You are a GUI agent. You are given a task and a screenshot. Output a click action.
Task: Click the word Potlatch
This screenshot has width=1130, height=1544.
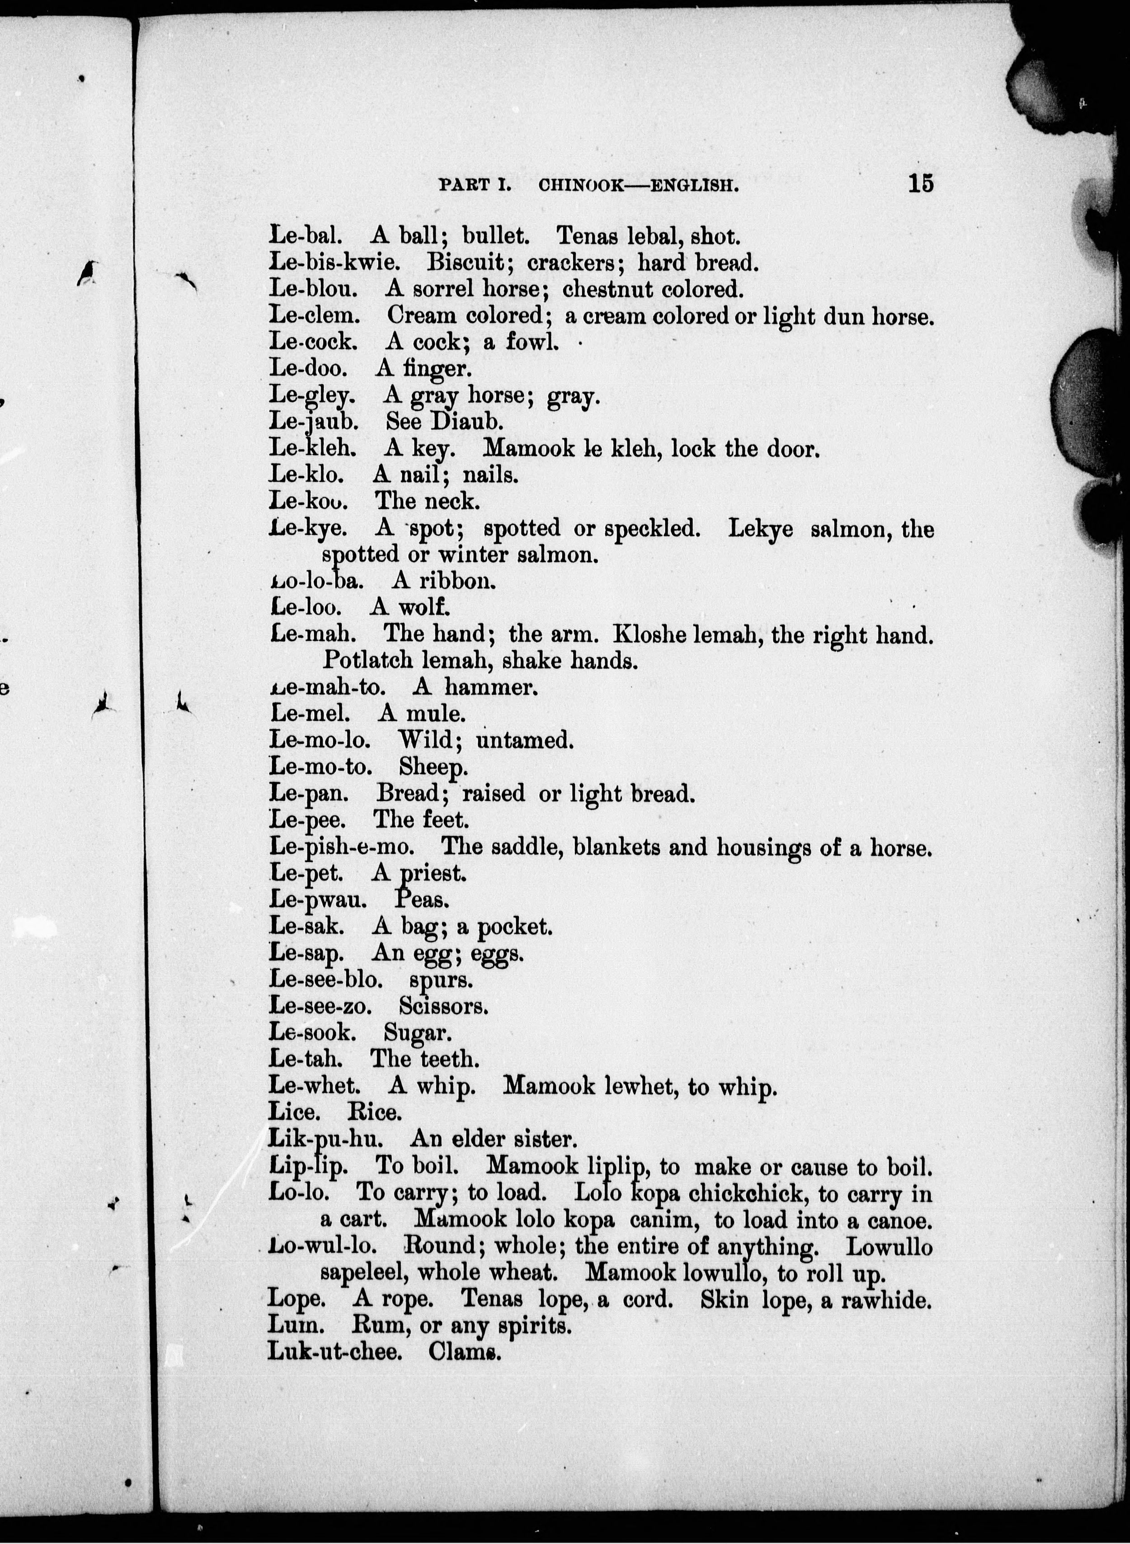368,660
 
